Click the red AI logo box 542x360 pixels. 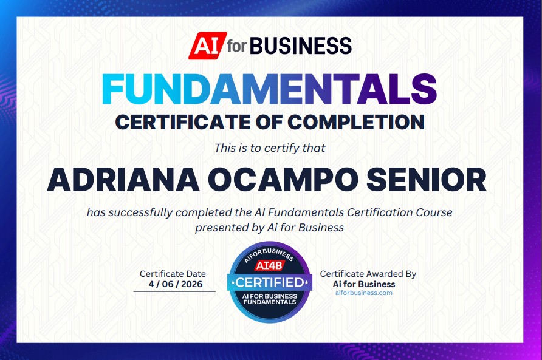(x=208, y=46)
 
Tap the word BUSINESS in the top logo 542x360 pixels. (x=300, y=46)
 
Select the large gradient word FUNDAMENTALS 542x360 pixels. (x=270, y=89)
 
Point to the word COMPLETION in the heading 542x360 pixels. (x=356, y=122)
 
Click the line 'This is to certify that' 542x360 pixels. (x=270, y=148)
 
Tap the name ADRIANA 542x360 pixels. (x=123, y=180)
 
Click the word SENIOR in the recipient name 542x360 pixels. (x=427, y=180)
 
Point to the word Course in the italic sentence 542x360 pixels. (x=434, y=212)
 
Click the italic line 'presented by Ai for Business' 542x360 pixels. (x=270, y=228)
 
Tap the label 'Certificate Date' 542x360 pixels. (x=173, y=274)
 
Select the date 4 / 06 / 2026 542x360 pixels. (x=175, y=284)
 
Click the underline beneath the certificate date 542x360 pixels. (x=174, y=291)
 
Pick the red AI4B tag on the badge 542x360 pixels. (x=270, y=265)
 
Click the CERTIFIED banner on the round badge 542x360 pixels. (x=270, y=283)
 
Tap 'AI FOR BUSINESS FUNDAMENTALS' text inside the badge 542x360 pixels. (x=270, y=299)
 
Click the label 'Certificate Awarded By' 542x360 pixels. (x=368, y=274)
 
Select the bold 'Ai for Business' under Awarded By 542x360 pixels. (x=364, y=284)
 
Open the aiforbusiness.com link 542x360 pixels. (x=364, y=293)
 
